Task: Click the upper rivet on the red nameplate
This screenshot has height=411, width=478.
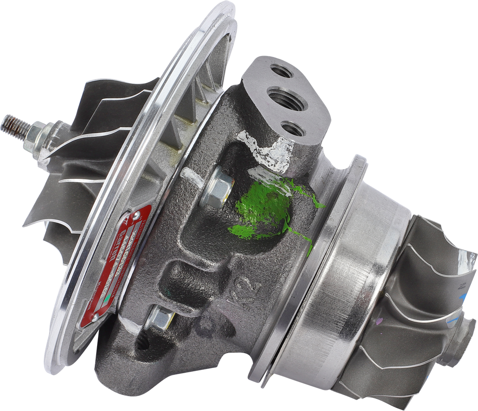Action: coord(136,216)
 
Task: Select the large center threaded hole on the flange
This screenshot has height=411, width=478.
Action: coord(286,99)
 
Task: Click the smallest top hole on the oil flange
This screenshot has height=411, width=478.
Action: coord(282,71)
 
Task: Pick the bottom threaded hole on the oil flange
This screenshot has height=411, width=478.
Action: coord(293,128)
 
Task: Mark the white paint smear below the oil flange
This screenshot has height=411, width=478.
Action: coord(266,149)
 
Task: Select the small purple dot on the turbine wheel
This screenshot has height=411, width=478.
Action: coord(379,320)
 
